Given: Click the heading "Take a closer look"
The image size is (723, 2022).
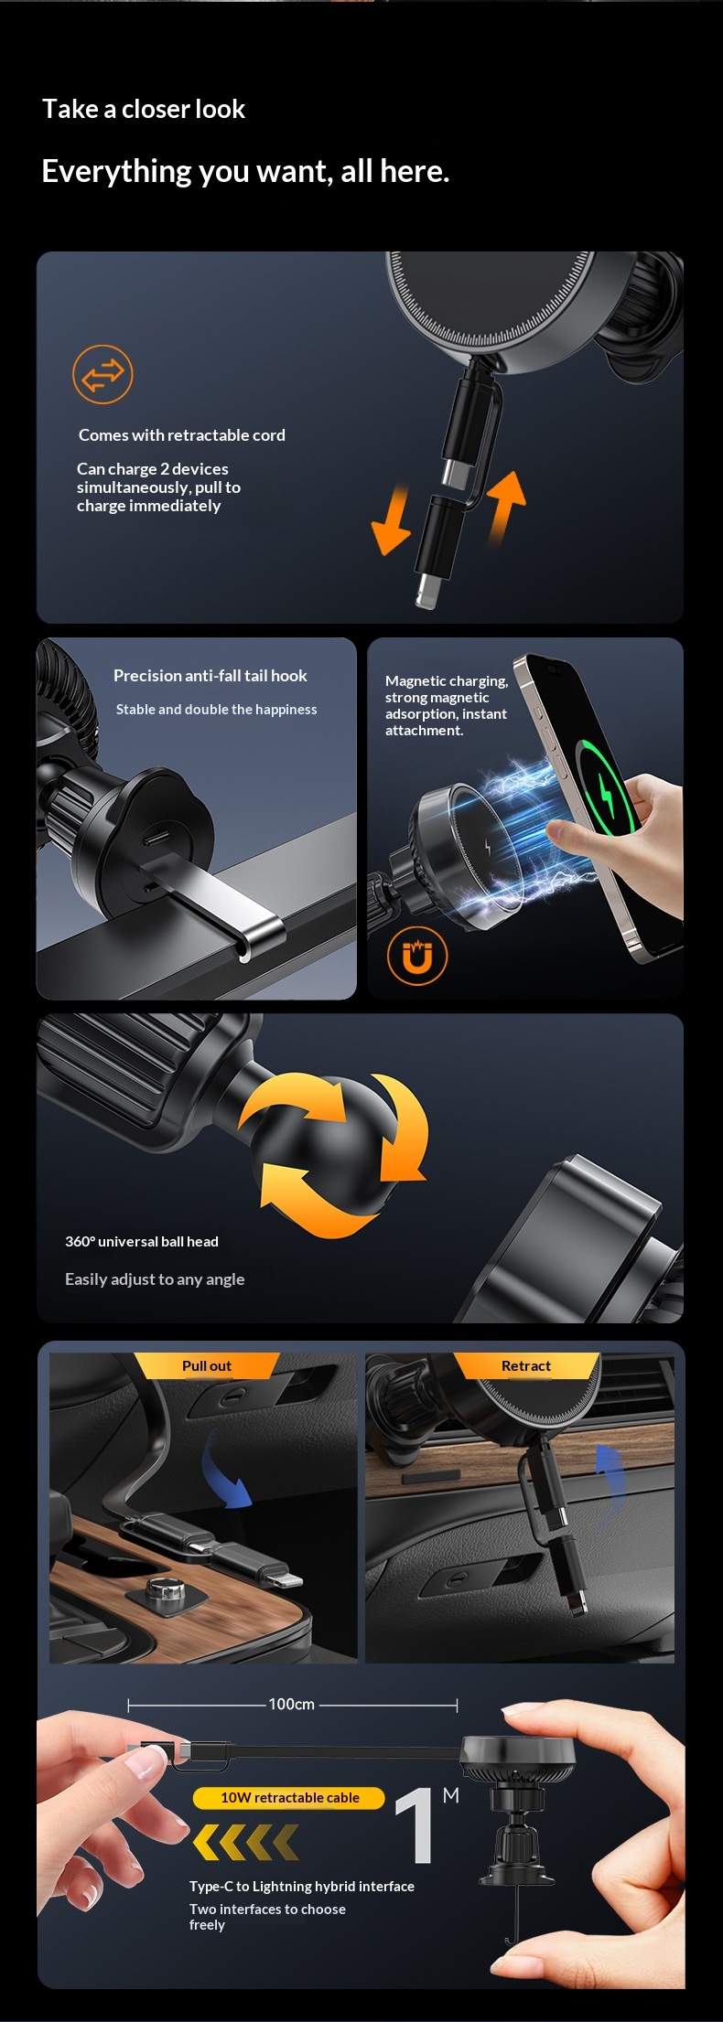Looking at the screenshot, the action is click(144, 109).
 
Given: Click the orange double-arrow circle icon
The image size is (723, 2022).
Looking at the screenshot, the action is click(103, 374).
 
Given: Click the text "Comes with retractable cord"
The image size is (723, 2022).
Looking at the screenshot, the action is click(182, 435).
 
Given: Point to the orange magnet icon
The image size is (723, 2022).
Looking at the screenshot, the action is click(417, 957).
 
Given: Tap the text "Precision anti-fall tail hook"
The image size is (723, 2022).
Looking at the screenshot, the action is click(210, 676).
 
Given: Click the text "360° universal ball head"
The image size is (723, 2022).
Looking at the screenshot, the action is click(142, 1242).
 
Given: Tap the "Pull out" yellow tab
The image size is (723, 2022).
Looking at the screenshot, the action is click(207, 1365).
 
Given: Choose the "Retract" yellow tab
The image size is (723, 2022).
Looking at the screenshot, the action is click(526, 1365).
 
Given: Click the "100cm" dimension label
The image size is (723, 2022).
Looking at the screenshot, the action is click(292, 1704).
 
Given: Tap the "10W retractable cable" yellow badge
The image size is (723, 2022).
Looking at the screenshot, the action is click(289, 1797).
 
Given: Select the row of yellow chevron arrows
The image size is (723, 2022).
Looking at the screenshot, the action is click(245, 1840).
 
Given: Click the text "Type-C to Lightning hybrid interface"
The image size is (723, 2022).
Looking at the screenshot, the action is click(302, 1886).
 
